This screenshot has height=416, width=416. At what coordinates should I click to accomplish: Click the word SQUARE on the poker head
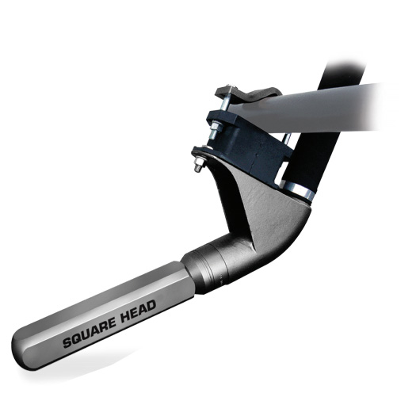pos(89,333)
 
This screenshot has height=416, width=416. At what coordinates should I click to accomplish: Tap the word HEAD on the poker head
pos(138,311)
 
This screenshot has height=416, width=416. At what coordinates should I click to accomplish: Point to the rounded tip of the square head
pos(18,350)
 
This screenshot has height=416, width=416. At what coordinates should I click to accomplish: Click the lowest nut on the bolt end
pos(199,166)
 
